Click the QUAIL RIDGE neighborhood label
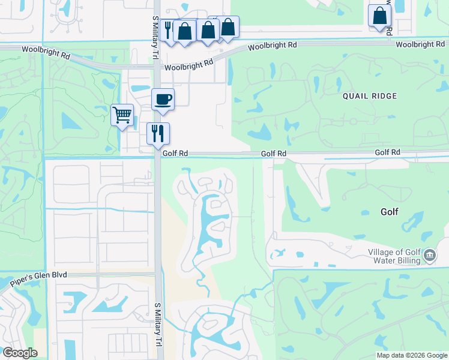370,96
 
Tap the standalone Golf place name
389,212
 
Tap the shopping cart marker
122,114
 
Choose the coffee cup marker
163,99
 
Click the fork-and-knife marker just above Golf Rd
158,133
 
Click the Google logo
19,353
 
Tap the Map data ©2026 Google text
412,355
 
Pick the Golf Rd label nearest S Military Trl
175,154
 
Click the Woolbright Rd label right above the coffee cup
190,65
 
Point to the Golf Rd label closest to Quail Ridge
273,154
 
